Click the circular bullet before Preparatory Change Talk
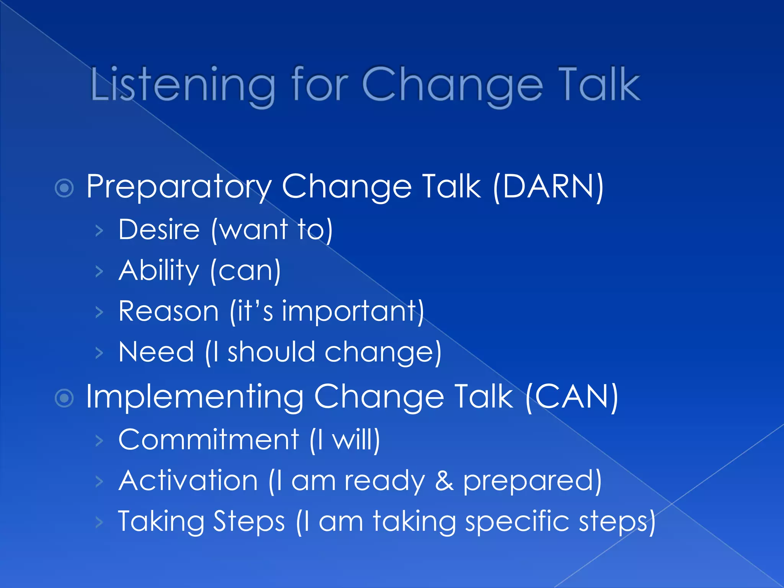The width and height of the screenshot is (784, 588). coord(64,188)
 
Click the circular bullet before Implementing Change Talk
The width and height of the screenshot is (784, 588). coord(64,398)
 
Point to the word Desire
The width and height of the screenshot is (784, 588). coord(159,230)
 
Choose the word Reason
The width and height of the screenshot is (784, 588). coord(168,311)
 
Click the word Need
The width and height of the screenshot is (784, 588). coord(156,352)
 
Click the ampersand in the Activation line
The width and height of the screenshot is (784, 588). coord(444,481)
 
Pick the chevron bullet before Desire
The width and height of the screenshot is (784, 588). coord(99,230)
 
